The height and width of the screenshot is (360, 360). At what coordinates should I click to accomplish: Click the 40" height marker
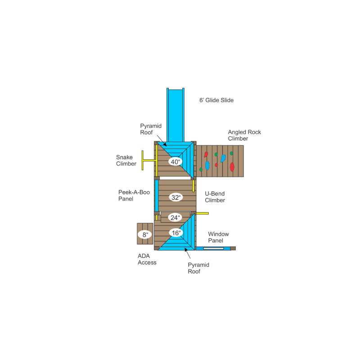pos(175,162)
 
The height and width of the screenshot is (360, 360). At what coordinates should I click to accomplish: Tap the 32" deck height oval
pos(176,197)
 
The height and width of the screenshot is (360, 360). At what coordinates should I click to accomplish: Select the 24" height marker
pos(175,217)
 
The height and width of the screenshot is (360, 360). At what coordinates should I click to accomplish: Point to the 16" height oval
pos(176,233)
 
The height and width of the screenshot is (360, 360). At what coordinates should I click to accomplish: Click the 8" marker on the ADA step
pos(145,234)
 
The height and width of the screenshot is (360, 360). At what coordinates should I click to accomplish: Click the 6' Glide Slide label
pos(216,100)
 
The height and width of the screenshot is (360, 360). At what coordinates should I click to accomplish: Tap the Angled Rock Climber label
pos(244,135)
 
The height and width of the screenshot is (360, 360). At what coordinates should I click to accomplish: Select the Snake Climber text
pos(126,161)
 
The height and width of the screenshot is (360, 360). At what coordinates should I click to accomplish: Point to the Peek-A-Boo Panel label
pos(134,195)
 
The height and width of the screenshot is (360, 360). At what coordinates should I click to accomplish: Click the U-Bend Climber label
pos(215,197)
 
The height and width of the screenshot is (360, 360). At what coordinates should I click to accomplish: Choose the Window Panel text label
pos(218,237)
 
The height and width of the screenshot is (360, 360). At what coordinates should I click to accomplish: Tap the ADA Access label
pos(147,259)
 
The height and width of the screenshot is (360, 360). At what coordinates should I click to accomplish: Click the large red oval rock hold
pos(232,167)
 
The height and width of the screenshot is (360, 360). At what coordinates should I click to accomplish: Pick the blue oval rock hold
pos(207,166)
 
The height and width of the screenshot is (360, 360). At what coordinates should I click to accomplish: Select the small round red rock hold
pos(216,165)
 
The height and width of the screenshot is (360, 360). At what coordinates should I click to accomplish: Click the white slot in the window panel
pos(213,248)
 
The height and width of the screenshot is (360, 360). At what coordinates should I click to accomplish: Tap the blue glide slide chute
pos(175,115)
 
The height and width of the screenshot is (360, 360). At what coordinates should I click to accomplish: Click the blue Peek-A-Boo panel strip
pos(157,196)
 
